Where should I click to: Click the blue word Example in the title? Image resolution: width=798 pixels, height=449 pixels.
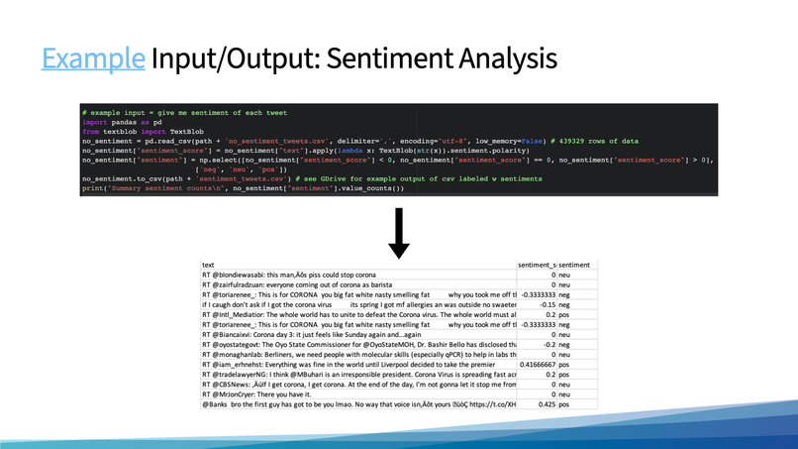point(92,57)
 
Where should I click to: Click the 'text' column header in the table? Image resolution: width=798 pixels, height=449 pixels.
point(208,265)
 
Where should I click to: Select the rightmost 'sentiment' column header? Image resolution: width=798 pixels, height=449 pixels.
point(574,265)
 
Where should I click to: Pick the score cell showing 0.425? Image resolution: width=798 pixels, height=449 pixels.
point(545,404)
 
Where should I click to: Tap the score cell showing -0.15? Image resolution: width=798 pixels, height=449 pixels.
point(545,304)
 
